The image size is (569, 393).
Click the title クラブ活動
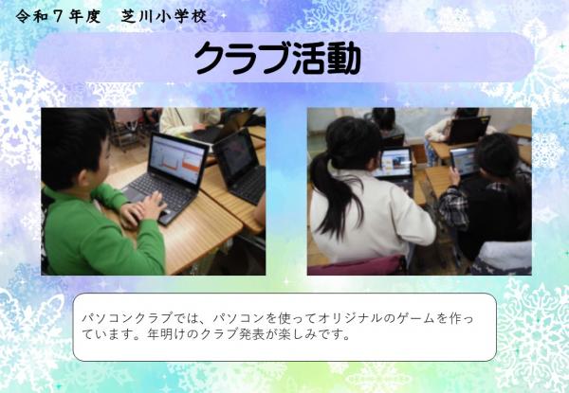pos(277,59)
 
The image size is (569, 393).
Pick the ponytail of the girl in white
pos(328,194)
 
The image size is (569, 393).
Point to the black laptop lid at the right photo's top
pos(468,129)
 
